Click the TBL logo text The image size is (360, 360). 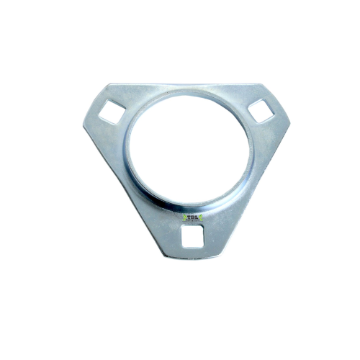pyautogui.click(x=190, y=215)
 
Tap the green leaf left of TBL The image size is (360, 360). pyautogui.click(x=179, y=215)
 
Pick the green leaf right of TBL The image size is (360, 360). pyautogui.click(x=202, y=215)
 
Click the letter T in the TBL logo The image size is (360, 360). pyautogui.click(x=186, y=215)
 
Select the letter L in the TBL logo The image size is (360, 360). pyautogui.click(x=195, y=215)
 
